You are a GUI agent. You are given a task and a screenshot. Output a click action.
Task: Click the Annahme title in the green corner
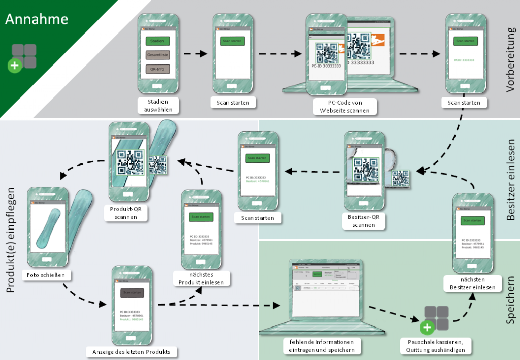point(37,19)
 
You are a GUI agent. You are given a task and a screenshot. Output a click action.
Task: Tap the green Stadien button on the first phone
point(157,41)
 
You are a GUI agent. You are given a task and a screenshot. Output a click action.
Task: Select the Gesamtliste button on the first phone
point(157,55)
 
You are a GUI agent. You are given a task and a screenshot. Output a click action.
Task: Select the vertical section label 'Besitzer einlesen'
point(510,180)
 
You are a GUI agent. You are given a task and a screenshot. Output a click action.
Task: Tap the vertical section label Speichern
point(510,300)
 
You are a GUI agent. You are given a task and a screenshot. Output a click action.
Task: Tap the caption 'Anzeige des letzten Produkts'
point(132,351)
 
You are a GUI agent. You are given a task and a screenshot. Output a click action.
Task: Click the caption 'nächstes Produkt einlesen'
point(201,278)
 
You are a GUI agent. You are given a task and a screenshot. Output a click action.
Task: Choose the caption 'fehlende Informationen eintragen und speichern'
point(322,345)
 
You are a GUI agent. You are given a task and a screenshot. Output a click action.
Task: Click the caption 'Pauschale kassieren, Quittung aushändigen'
point(436,345)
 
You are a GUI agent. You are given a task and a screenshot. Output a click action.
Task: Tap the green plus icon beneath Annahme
point(16,65)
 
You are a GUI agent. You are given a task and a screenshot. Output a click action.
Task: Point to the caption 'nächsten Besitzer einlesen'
point(469,283)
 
